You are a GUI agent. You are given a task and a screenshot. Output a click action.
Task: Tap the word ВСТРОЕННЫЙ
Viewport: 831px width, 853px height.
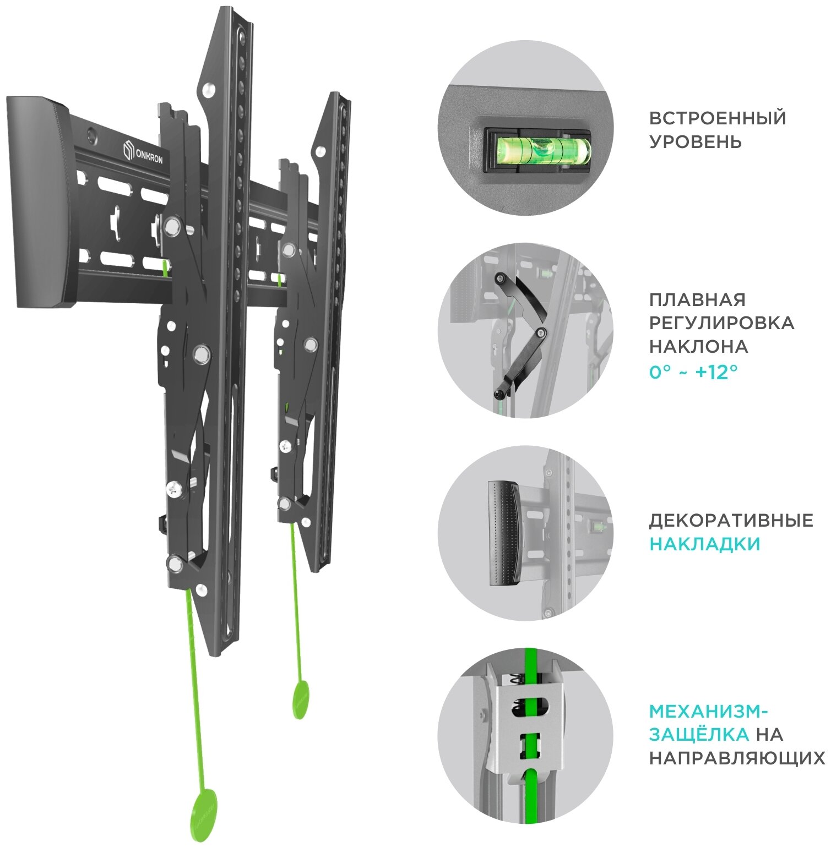[717, 118]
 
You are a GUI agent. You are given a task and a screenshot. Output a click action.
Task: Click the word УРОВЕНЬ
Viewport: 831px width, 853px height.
[695, 142]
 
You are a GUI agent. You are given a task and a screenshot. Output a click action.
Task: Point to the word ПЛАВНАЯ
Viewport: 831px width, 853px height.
[697, 300]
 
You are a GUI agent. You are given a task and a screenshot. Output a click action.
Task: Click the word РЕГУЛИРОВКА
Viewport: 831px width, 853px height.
[721, 323]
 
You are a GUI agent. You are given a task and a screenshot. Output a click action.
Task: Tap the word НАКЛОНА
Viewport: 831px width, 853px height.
[698, 347]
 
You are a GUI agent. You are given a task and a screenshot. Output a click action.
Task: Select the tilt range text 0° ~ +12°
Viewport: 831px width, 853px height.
[693, 372]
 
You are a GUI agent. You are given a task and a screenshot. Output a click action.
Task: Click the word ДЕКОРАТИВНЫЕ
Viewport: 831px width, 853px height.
[731, 521]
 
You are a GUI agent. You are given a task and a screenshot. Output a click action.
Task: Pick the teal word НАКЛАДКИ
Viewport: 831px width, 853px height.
[704, 544]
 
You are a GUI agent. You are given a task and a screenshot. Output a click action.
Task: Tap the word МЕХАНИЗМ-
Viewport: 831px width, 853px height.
[708, 712]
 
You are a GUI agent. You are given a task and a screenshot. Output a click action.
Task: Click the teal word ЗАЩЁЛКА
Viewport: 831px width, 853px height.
[698, 735]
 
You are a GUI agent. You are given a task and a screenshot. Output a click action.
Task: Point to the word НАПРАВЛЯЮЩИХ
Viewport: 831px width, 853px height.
[737, 758]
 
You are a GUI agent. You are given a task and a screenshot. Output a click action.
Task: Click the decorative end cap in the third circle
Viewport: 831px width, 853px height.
[503, 533]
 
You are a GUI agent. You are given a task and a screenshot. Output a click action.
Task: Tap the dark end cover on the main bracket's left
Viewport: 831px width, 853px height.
[37, 201]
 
